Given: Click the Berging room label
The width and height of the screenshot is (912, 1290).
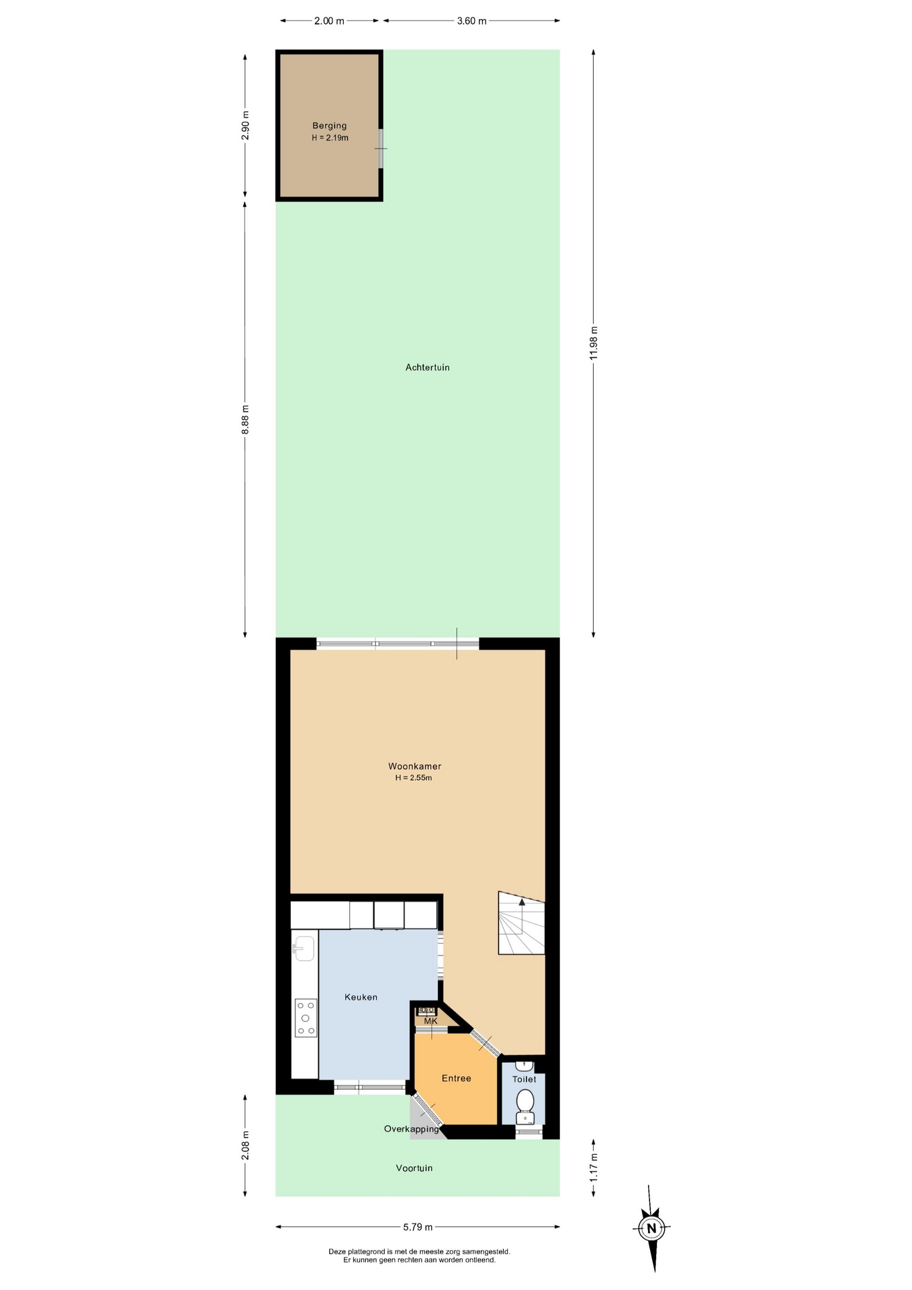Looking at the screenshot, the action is click(x=329, y=126).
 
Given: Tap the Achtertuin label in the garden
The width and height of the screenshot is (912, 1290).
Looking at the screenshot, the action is click(x=427, y=368).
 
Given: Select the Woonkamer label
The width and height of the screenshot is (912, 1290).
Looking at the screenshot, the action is click(x=414, y=766).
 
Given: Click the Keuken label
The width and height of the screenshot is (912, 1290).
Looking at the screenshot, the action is click(x=361, y=997).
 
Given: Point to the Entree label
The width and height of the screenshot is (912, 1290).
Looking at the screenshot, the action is click(x=456, y=1078).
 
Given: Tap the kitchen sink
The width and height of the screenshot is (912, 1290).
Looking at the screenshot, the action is click(x=304, y=949).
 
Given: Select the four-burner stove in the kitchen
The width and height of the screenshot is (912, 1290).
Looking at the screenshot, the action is click(x=306, y=1018).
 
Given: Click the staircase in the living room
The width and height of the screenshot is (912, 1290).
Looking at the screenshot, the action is click(x=521, y=922).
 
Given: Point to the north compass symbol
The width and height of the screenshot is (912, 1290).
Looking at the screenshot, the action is click(x=651, y=1228).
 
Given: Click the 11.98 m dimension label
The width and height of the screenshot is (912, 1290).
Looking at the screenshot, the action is click(x=593, y=343).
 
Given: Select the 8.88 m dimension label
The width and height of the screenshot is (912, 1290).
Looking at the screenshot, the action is click(x=245, y=419).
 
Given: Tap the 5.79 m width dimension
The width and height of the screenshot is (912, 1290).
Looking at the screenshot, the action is click(x=417, y=1227).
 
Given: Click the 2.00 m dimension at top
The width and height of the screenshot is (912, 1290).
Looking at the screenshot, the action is click(x=329, y=21).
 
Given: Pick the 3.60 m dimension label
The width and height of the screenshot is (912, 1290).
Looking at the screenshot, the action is click(x=471, y=21).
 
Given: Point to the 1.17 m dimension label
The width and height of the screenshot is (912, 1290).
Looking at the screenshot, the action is click(x=593, y=1167).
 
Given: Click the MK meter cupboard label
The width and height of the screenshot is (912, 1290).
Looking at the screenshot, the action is click(x=430, y=1021).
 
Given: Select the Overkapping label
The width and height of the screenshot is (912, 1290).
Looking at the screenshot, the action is click(x=411, y=1129).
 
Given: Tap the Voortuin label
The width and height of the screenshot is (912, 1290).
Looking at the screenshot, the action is click(x=414, y=1168).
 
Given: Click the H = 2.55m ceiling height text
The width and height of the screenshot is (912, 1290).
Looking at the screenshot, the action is click(x=413, y=778).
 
